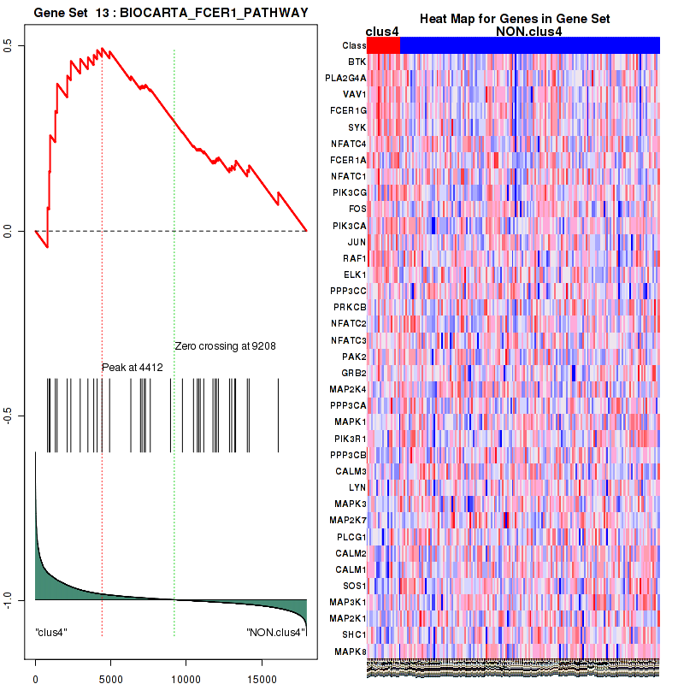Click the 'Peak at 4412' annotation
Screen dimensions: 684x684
pyautogui.click(x=132, y=368)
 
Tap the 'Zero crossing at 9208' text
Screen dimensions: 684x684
pyautogui.click(x=225, y=346)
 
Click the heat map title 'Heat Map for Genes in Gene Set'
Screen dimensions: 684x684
pyautogui.click(x=514, y=20)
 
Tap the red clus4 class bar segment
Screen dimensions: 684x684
pyautogui.click(x=383, y=45)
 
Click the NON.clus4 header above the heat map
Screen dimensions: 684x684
pyautogui.click(x=528, y=32)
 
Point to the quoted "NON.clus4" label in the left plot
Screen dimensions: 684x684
pyautogui.click(x=274, y=632)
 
